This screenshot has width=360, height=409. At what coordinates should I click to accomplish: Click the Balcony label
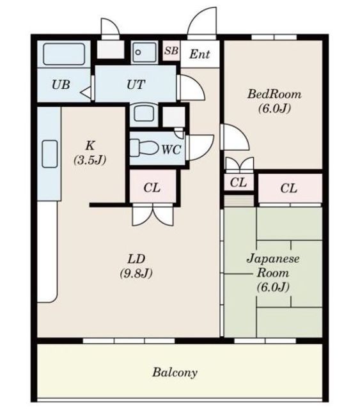coord(175,372)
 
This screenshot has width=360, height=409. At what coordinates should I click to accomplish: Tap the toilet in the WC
coord(144,148)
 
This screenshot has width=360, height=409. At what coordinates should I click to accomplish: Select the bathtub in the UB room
coord(64,54)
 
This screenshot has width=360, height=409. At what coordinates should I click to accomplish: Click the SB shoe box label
coord(171,50)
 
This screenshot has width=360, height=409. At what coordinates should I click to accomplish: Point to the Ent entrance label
coord(200,54)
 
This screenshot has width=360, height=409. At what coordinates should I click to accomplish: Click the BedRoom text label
coord(274,94)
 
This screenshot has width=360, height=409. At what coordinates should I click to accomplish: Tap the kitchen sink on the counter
coord(50,154)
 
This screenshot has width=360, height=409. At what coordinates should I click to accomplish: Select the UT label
coord(136,84)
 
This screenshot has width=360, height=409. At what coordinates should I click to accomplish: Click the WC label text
coord(171,150)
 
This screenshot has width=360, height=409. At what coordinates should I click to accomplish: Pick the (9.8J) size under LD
coord(136,274)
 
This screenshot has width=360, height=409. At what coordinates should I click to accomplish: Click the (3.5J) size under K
coord(90,160)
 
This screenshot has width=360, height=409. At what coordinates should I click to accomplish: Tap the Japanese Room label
coord(273,266)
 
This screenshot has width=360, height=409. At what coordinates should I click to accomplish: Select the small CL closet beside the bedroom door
coord(239,182)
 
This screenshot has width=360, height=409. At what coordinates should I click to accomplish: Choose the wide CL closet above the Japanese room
coord(290,188)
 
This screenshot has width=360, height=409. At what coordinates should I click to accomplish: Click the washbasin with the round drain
coord(145,52)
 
